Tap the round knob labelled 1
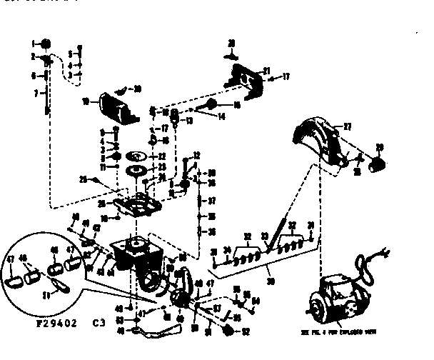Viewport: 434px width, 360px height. click(x=44, y=42)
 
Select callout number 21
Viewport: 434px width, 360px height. click(x=266, y=70)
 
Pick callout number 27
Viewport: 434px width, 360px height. click(x=348, y=126)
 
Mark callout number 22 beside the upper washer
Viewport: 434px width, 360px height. click(x=162, y=156)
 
